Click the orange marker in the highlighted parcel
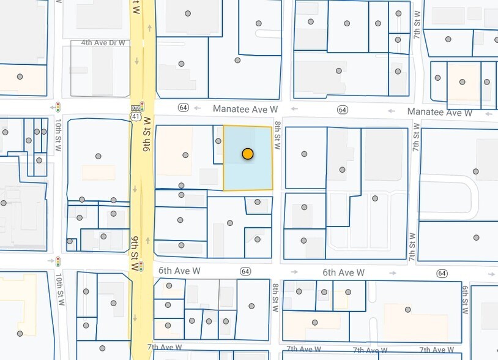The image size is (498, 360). (x=248, y=154)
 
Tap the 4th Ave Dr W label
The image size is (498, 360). (x=103, y=43)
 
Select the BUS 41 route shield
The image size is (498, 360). (x=135, y=112)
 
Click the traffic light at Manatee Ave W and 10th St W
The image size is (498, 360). (x=58, y=107)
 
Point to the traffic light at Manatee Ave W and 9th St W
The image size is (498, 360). (x=142, y=106)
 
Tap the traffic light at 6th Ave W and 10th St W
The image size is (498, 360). (x=58, y=261)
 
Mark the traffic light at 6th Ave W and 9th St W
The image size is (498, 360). (x=141, y=266)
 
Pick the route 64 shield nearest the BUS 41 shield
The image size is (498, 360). (x=184, y=108)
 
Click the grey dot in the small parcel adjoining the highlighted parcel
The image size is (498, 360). (x=218, y=141)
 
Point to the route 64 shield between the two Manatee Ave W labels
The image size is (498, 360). (x=342, y=110)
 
